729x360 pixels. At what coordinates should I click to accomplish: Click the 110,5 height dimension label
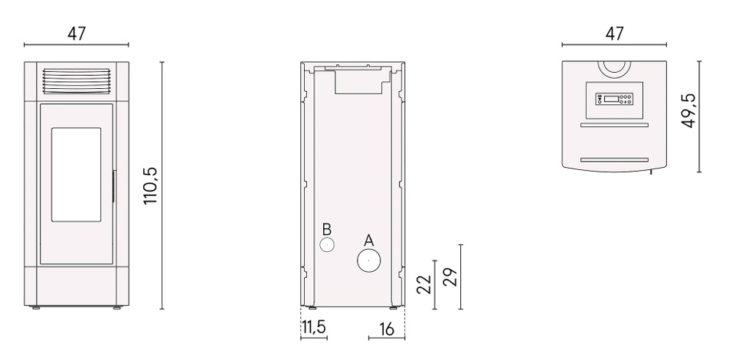(151, 185)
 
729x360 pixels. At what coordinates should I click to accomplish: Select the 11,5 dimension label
(313, 327)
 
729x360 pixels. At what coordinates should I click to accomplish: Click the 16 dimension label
(387, 329)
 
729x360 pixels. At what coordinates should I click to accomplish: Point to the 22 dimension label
(424, 285)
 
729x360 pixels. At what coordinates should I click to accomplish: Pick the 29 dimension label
(450, 277)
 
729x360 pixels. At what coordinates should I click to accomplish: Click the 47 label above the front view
(77, 34)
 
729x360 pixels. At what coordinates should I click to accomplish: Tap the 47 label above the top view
(614, 34)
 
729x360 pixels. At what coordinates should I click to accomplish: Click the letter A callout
(368, 241)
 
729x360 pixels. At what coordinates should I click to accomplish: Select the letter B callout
(327, 229)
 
